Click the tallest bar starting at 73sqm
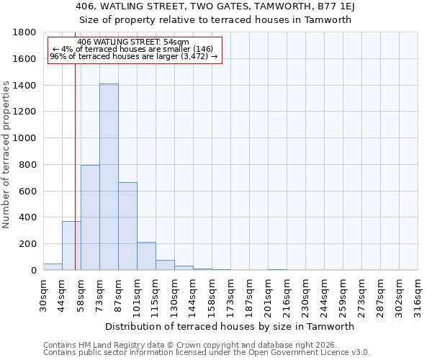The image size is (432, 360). (x=109, y=177)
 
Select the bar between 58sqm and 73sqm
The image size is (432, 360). (x=90, y=217)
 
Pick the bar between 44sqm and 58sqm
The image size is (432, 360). (x=71, y=246)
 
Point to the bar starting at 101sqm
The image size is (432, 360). (x=146, y=256)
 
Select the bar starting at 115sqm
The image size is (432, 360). (x=165, y=265)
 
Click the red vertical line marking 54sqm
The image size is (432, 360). (x=75, y=166)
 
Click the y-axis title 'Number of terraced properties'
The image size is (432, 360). (x=6, y=155)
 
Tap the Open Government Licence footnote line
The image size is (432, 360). (x=207, y=352)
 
